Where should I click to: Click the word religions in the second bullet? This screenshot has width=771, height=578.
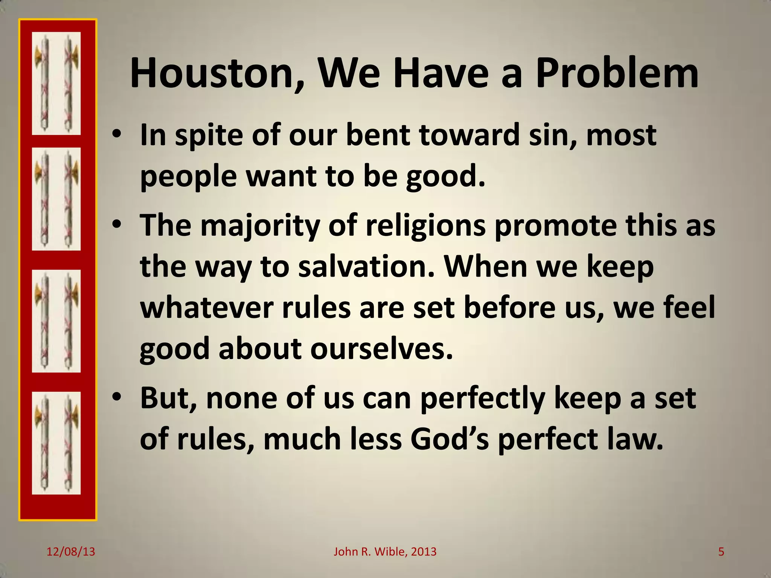point(425,225)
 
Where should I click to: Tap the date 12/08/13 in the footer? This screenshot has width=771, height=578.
point(71,552)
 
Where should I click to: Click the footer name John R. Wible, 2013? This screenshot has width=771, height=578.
point(385,552)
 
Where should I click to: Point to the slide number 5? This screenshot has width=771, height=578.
point(721,552)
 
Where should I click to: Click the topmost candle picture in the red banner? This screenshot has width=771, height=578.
point(56,83)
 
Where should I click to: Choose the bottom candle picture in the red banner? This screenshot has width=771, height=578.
point(56,443)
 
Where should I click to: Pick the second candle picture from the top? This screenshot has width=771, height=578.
point(56,199)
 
